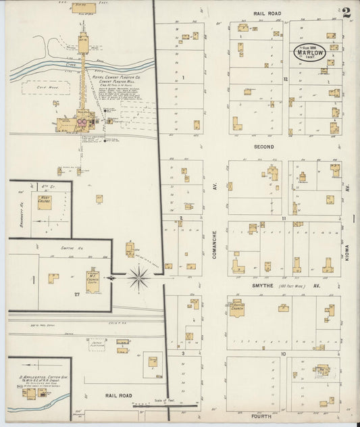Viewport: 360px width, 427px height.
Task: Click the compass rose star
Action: [x=138, y=276]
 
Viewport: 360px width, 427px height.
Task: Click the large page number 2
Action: [x=346, y=11]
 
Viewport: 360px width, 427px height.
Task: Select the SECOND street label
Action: [x=263, y=147]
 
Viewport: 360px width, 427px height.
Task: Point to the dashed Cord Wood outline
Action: [x=38, y=87]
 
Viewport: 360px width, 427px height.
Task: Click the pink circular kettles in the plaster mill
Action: [x=82, y=122]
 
